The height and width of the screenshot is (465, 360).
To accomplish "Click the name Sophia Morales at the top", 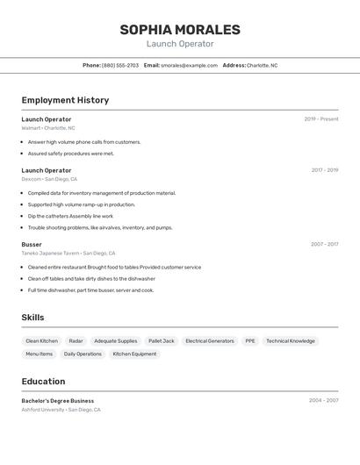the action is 180,30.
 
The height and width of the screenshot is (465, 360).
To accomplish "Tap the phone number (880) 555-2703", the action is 120,66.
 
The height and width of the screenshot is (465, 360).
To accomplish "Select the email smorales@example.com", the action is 189,66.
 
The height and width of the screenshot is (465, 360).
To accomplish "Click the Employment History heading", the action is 65,100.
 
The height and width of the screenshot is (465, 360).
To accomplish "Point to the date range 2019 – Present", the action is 321,119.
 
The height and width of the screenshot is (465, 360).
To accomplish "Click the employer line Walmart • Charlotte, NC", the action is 48,128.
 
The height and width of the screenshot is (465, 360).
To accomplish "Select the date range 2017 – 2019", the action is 325,170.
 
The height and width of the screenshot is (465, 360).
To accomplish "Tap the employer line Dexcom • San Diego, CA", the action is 49,179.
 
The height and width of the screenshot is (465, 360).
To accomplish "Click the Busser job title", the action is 32,245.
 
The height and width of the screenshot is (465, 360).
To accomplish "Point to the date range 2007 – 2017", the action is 325,245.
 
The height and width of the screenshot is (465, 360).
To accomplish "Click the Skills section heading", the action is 32,318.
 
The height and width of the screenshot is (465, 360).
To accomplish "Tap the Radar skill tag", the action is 76,340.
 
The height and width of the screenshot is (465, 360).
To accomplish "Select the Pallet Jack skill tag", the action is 162,340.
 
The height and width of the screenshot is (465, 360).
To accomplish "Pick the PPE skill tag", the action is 250,340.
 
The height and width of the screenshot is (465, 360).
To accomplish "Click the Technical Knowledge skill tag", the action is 291,340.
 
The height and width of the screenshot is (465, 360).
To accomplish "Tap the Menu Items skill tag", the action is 40,354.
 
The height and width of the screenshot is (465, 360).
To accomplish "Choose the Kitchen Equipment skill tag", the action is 134,354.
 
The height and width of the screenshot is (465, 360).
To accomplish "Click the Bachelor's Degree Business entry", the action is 58,401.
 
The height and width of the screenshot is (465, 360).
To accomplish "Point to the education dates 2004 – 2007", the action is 324,401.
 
